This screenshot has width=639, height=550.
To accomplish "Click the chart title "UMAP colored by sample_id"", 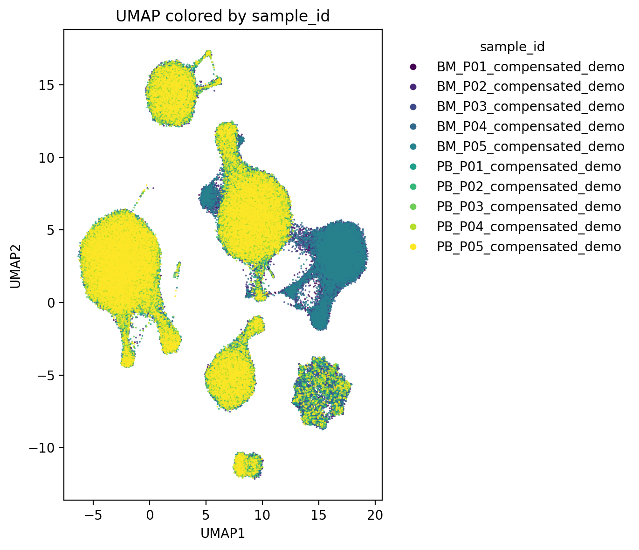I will (x=223, y=16).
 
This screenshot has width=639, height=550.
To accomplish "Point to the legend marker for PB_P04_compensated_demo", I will (x=412, y=227).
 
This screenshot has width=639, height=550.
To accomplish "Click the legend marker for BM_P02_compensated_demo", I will (x=412, y=87).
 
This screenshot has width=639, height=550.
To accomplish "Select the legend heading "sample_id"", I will (x=512, y=47).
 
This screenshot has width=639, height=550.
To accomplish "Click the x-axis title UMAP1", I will (x=223, y=534).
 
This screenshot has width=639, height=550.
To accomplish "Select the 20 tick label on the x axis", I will (x=375, y=515).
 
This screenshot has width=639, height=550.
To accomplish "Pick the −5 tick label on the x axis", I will (x=93, y=515).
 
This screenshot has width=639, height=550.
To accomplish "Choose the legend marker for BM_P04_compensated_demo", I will (x=412, y=127).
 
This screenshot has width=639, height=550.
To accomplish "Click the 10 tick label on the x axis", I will (x=262, y=515).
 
